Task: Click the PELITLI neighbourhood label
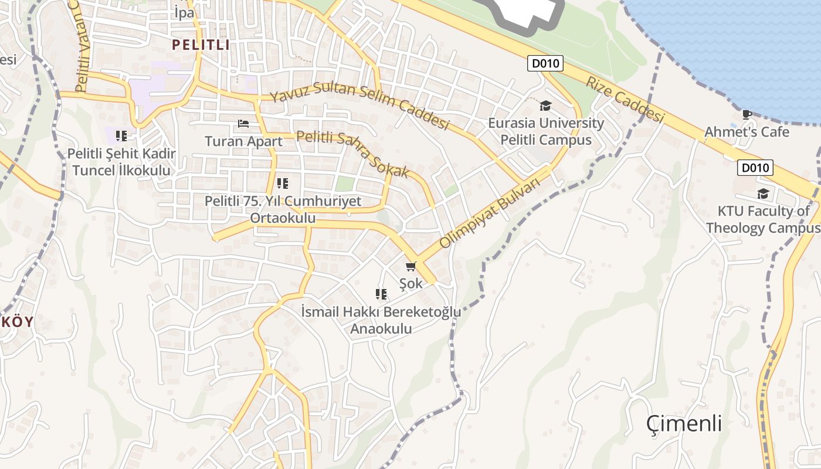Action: [x=201, y=45]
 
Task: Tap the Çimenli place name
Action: [x=684, y=423]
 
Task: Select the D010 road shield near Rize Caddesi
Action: [x=545, y=63]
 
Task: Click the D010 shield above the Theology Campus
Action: [x=755, y=168]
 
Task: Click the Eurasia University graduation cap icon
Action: [x=545, y=106]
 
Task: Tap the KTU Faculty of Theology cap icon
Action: [x=762, y=193]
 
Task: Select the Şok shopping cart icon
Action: [x=410, y=267]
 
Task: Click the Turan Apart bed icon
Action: [x=243, y=124]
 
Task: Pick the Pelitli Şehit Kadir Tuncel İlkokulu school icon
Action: [x=121, y=136]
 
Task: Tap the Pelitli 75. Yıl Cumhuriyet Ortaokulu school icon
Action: [x=283, y=183]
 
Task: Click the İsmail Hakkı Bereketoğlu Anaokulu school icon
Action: [x=381, y=294]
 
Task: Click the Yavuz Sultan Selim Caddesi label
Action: [x=359, y=106]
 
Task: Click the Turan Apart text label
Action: [x=243, y=141]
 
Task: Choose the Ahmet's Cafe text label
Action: [x=747, y=132]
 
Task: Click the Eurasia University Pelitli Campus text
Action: [x=545, y=132]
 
